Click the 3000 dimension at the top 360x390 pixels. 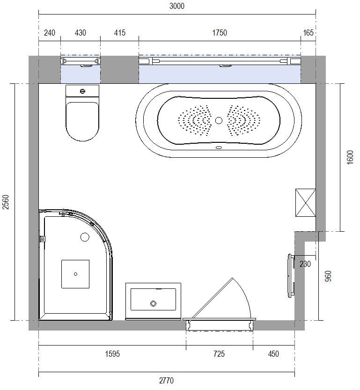pyautogui.click(x=177, y=6)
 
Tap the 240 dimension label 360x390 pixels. pyautogui.click(x=50, y=33)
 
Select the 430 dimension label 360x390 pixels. pyautogui.click(x=81, y=33)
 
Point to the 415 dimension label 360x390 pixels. pyautogui.click(x=119, y=33)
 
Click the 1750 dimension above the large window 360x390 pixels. pyautogui.click(x=220, y=33)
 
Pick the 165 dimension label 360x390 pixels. pyautogui.click(x=309, y=33)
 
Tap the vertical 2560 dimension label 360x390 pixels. pyautogui.click(x=6, y=202)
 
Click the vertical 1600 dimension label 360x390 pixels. pyautogui.click(x=350, y=157)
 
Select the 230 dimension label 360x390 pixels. pyautogui.click(x=305, y=264)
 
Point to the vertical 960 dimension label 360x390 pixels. pyautogui.click(x=329, y=276)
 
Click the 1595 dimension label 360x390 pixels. pyautogui.click(x=112, y=353)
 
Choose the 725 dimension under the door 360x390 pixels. pyautogui.click(x=219, y=353)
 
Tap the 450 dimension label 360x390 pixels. pyautogui.click(x=273, y=353)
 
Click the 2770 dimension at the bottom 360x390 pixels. pyautogui.click(x=166, y=381)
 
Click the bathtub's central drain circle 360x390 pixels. pyautogui.click(x=219, y=121)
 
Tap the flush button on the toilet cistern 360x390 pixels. pyautogui.click(x=83, y=91)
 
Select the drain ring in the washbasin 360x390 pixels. pyautogui.click(x=153, y=303)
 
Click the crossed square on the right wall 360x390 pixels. pyautogui.click(x=306, y=203)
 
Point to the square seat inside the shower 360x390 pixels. pyautogui.click(x=75, y=274)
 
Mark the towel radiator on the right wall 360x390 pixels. pyautogui.click(x=291, y=276)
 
